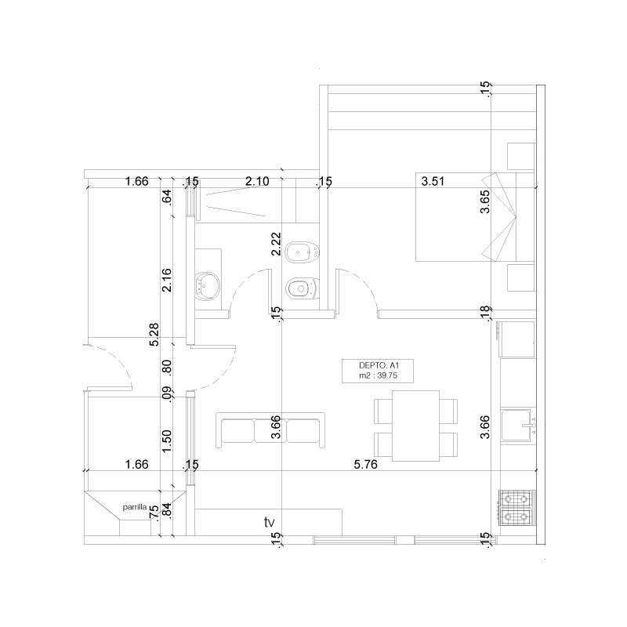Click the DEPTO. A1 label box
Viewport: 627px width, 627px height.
coord(378,371)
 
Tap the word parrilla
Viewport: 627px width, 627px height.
coord(134,507)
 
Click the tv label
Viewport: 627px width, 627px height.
coord(270,522)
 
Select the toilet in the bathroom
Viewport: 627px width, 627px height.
coord(303,288)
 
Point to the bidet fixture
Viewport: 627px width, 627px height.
coord(303,252)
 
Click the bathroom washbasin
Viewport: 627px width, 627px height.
coord(207,286)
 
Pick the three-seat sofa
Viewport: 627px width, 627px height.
coord(270,430)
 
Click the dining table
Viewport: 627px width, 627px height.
coord(416,426)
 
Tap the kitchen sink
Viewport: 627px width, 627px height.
coord(518,425)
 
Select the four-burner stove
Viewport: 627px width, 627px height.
coord(516,507)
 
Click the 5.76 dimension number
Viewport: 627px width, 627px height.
coord(365,464)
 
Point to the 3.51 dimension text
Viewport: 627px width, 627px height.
coord(433,181)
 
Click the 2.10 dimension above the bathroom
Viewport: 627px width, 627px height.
coord(257,181)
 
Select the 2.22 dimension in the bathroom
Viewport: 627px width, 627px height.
coord(276,244)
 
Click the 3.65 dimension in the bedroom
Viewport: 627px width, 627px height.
coord(484,201)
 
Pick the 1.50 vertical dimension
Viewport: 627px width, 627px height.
coord(167,441)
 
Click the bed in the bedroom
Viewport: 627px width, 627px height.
coord(475,217)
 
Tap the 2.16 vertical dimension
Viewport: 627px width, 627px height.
coord(167,280)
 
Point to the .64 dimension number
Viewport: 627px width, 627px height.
coord(167,198)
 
